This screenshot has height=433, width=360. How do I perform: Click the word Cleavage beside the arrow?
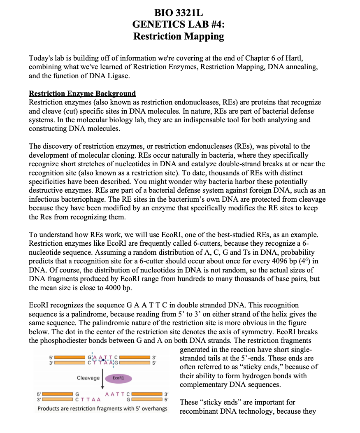[88, 378]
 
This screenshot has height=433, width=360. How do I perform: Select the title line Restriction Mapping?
[179, 36]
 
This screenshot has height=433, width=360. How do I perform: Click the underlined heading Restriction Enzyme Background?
[82, 93]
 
